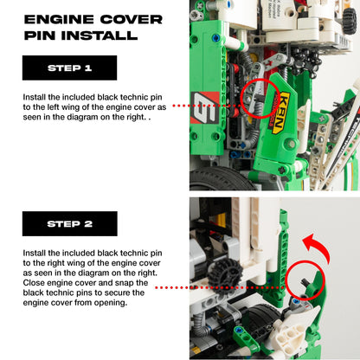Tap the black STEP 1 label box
[x=69, y=67]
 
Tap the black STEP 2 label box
[x=69, y=223]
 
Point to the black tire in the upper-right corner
[x=342, y=17]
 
